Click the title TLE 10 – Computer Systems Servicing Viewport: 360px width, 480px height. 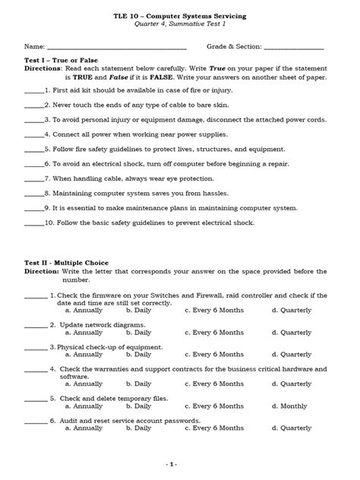click(179, 15)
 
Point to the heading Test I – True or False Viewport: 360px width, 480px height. click(62, 60)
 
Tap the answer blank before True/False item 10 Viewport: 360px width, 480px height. click(34, 223)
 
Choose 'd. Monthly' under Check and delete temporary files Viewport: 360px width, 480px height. click(291, 406)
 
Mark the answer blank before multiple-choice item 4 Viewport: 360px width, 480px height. click(36, 369)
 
